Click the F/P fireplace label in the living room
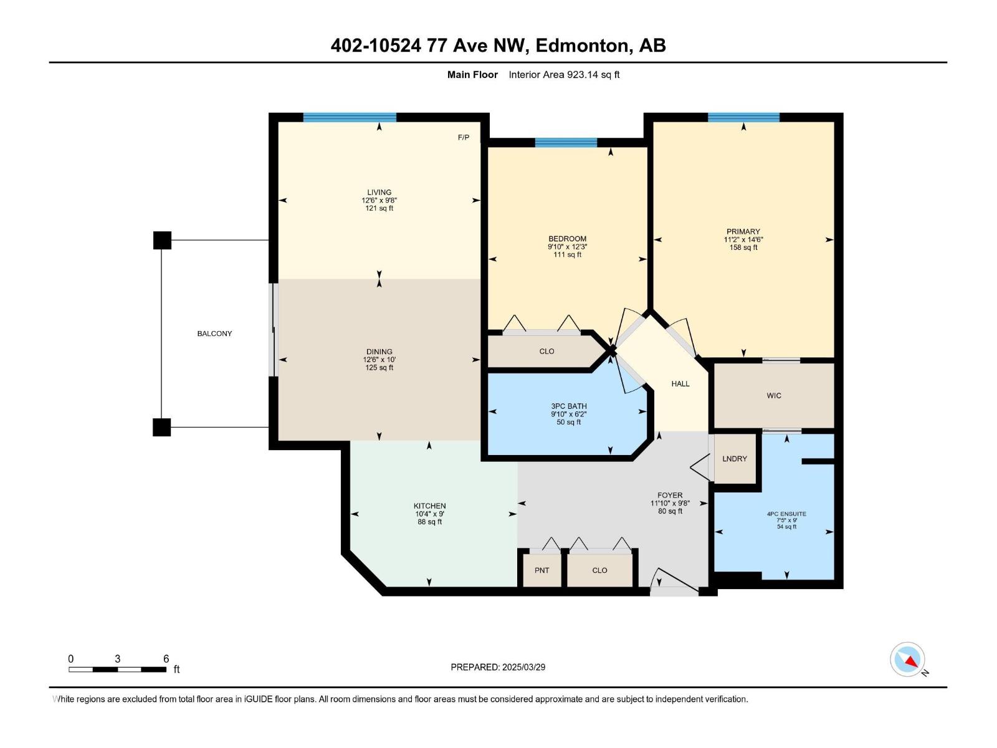[x=464, y=137]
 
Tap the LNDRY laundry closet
[x=735, y=459]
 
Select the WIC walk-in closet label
[x=774, y=396]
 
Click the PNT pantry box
[x=541, y=570]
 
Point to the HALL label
[x=680, y=384]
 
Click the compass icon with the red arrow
[x=908, y=659]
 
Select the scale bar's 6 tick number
[x=166, y=659]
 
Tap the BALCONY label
[x=214, y=333]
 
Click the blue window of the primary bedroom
[x=743, y=117]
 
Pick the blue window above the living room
[x=350, y=117]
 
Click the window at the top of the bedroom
[x=566, y=143]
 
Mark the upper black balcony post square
[x=162, y=240]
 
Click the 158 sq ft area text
[x=743, y=247]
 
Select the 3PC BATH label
[x=568, y=406]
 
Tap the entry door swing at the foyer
[x=673, y=583]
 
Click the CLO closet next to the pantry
[x=599, y=570]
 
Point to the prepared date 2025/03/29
[x=522, y=667]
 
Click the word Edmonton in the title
[x=581, y=46]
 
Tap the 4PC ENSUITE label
[x=786, y=514]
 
